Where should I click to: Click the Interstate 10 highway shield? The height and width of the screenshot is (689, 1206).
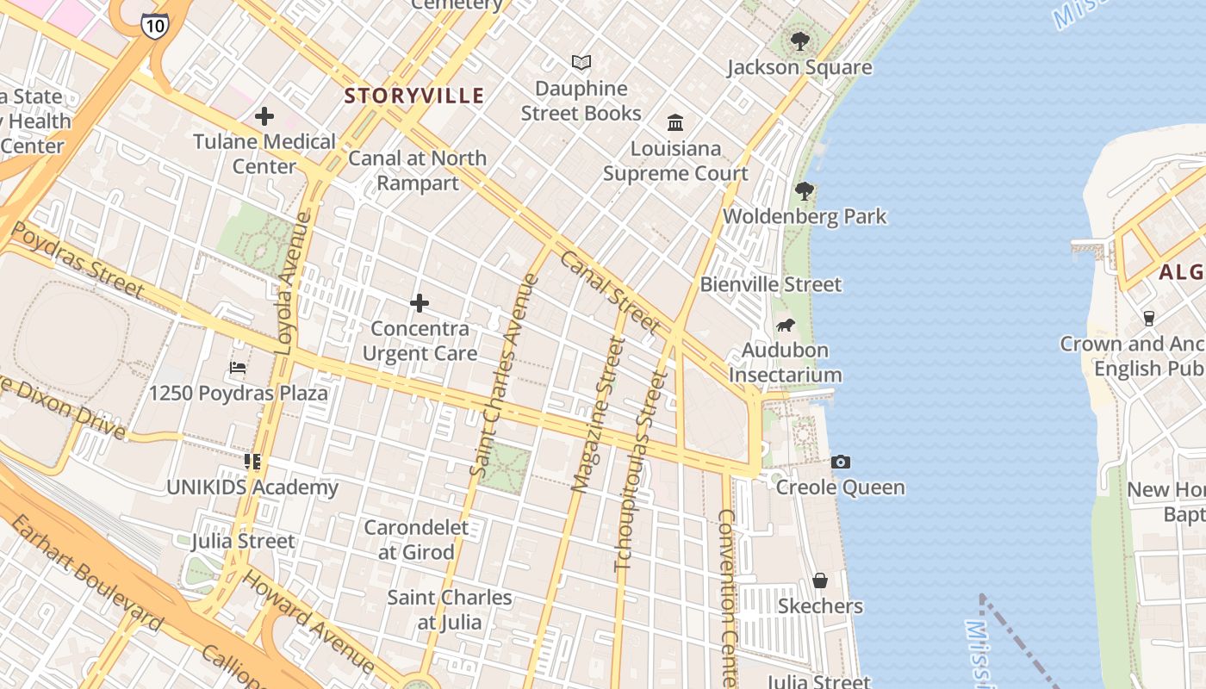(155, 25)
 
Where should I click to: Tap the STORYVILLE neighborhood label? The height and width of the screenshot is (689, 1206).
(414, 96)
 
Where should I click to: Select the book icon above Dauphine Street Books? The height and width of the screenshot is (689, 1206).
(581, 62)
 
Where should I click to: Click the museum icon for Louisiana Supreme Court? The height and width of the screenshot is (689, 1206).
(675, 122)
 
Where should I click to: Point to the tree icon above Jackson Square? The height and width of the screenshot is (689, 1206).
(799, 40)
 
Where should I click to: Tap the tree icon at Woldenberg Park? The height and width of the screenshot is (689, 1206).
(805, 190)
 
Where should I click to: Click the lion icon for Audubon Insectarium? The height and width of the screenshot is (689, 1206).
(785, 325)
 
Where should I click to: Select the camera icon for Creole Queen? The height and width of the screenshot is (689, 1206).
(841, 462)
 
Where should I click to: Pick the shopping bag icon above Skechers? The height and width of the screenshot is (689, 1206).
(820, 580)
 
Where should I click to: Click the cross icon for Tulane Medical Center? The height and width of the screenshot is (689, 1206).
(264, 115)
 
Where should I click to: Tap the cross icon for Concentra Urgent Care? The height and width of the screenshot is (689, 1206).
(420, 303)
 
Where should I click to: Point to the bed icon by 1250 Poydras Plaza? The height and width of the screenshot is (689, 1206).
(238, 368)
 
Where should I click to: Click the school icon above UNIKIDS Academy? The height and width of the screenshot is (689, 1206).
(252, 462)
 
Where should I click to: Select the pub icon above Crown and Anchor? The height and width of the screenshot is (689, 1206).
(1148, 318)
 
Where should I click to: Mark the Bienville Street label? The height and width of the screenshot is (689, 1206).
(771, 284)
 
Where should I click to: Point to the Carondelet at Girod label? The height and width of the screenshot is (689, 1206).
(417, 539)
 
